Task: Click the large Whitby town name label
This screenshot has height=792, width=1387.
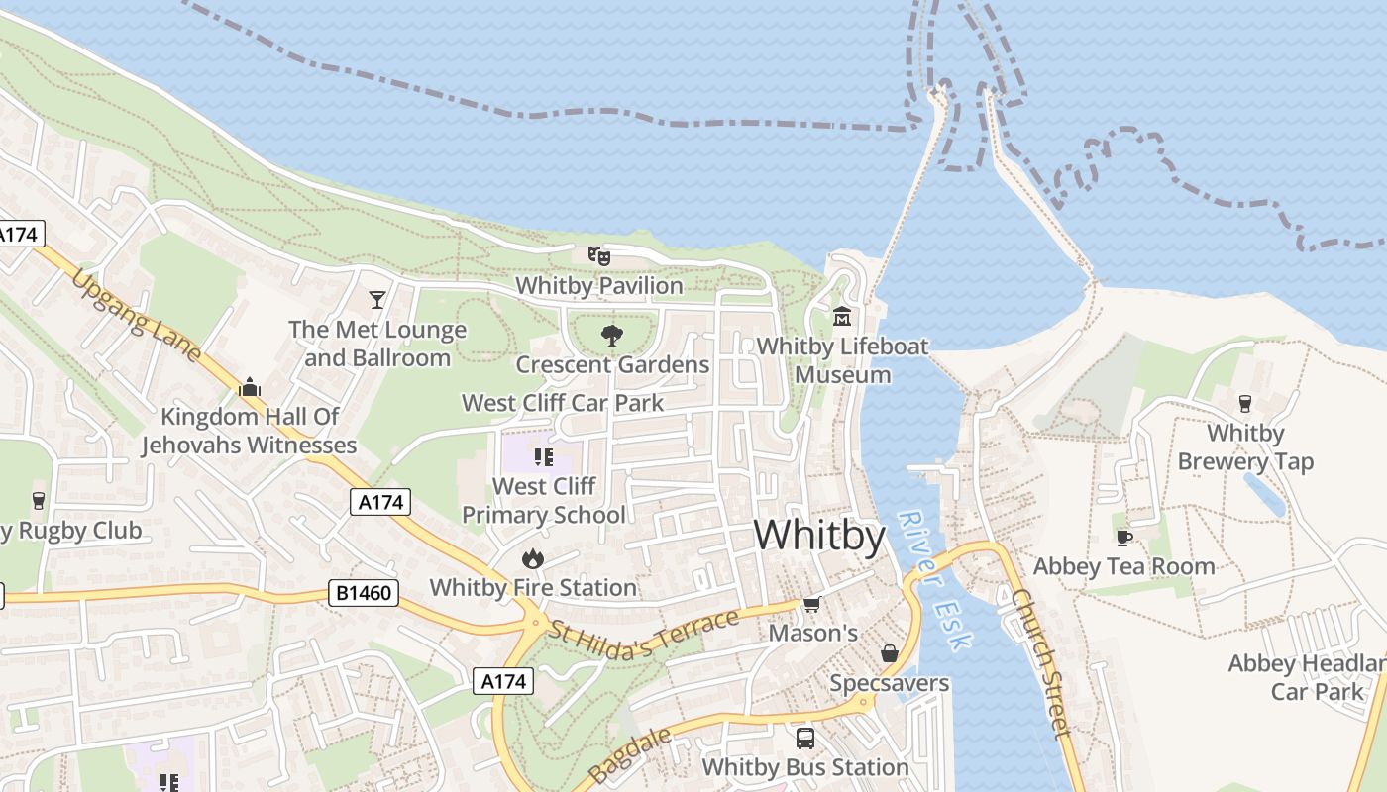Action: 819,536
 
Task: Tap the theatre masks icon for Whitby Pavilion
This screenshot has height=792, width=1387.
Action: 599,256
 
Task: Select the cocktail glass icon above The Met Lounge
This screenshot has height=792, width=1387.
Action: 376,299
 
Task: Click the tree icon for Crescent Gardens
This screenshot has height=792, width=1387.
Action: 612,336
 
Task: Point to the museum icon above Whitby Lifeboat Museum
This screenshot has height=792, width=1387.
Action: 842,317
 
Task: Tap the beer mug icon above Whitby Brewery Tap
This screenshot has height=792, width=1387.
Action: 1245,404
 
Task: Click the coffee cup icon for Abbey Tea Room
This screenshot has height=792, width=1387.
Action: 1123,538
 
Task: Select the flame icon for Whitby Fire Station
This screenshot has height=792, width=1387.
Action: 533,558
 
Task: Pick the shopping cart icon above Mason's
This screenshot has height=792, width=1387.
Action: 812,604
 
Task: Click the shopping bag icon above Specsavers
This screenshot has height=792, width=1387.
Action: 889,654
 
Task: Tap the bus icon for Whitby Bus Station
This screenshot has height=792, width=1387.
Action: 804,739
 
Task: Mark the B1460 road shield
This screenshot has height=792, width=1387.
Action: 365,594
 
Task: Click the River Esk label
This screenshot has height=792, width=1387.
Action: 931,580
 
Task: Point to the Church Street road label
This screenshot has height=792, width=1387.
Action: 1041,663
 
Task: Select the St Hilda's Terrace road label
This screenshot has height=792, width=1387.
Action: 645,635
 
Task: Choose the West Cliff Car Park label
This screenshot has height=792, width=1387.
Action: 563,403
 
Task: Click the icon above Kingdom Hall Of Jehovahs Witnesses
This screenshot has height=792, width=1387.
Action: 249,387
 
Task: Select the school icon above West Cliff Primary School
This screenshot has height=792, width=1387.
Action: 543,457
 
